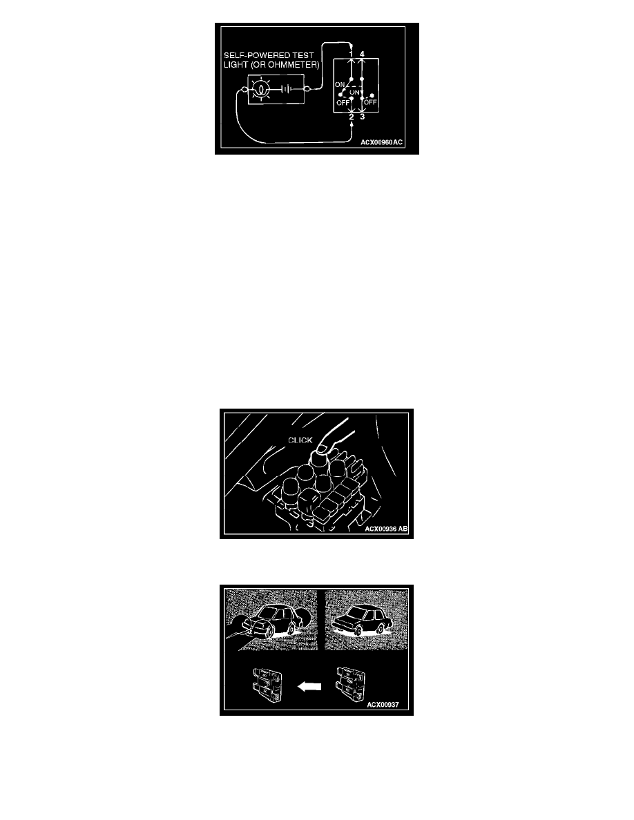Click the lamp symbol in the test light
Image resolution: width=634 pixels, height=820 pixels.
(x=260, y=90)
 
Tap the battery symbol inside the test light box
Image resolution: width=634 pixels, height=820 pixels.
(x=286, y=90)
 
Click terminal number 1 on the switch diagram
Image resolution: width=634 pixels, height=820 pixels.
(x=351, y=54)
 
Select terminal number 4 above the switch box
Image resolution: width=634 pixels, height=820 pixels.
(x=362, y=54)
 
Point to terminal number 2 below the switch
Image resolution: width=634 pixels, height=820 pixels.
(x=352, y=117)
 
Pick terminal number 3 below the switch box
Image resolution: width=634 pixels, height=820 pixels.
(x=363, y=117)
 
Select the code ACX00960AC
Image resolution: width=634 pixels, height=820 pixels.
(x=381, y=142)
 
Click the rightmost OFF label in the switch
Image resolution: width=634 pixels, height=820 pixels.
(x=370, y=102)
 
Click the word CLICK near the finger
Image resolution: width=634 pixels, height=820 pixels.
(x=300, y=440)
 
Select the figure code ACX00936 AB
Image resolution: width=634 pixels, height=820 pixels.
(x=386, y=529)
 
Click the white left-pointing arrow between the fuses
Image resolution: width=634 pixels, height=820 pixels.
(x=309, y=687)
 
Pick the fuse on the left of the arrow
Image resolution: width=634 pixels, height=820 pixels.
(x=267, y=685)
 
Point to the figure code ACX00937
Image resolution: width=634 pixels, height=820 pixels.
(x=383, y=705)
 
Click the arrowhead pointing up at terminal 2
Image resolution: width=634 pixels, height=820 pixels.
(x=351, y=126)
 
